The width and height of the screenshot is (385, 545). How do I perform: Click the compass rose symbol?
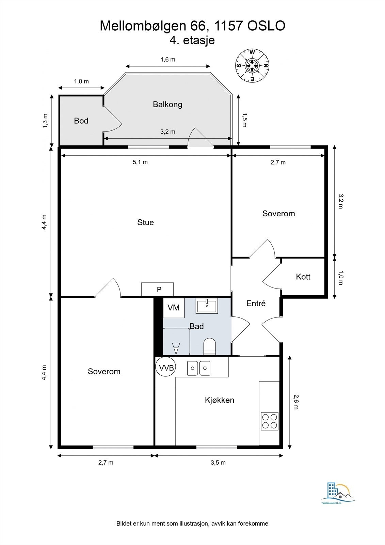coord(253,65)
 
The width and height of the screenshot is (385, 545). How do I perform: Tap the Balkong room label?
coord(167,104)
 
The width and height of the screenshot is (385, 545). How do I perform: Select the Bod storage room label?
coord(81,121)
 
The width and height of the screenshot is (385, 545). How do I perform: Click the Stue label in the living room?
coord(145,222)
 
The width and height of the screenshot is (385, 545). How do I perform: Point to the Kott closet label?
coord(303,277)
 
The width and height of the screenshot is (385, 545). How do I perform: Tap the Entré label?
coord(256,303)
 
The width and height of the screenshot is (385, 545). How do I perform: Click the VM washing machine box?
coord(174,308)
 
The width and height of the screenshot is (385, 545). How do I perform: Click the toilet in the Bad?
coord(209,346)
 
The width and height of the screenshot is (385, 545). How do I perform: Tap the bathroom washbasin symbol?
coord(207,306)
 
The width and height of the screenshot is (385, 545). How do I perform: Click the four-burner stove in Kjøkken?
coord(270,421)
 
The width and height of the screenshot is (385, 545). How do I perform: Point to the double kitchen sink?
coord(198,368)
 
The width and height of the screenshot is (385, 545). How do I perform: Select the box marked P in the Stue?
coord(157,289)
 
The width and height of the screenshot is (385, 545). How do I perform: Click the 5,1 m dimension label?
coord(140,162)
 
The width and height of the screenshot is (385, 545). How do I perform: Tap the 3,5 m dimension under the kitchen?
coord(218,462)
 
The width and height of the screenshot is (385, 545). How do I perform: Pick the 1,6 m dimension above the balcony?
coord(168,59)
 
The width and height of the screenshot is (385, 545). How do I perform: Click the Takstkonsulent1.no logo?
coord(338,494)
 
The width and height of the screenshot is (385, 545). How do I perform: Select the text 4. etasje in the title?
coord(192,40)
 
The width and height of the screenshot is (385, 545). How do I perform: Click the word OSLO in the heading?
coord(266,26)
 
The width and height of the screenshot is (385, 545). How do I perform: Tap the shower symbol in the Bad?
coord(176,348)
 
